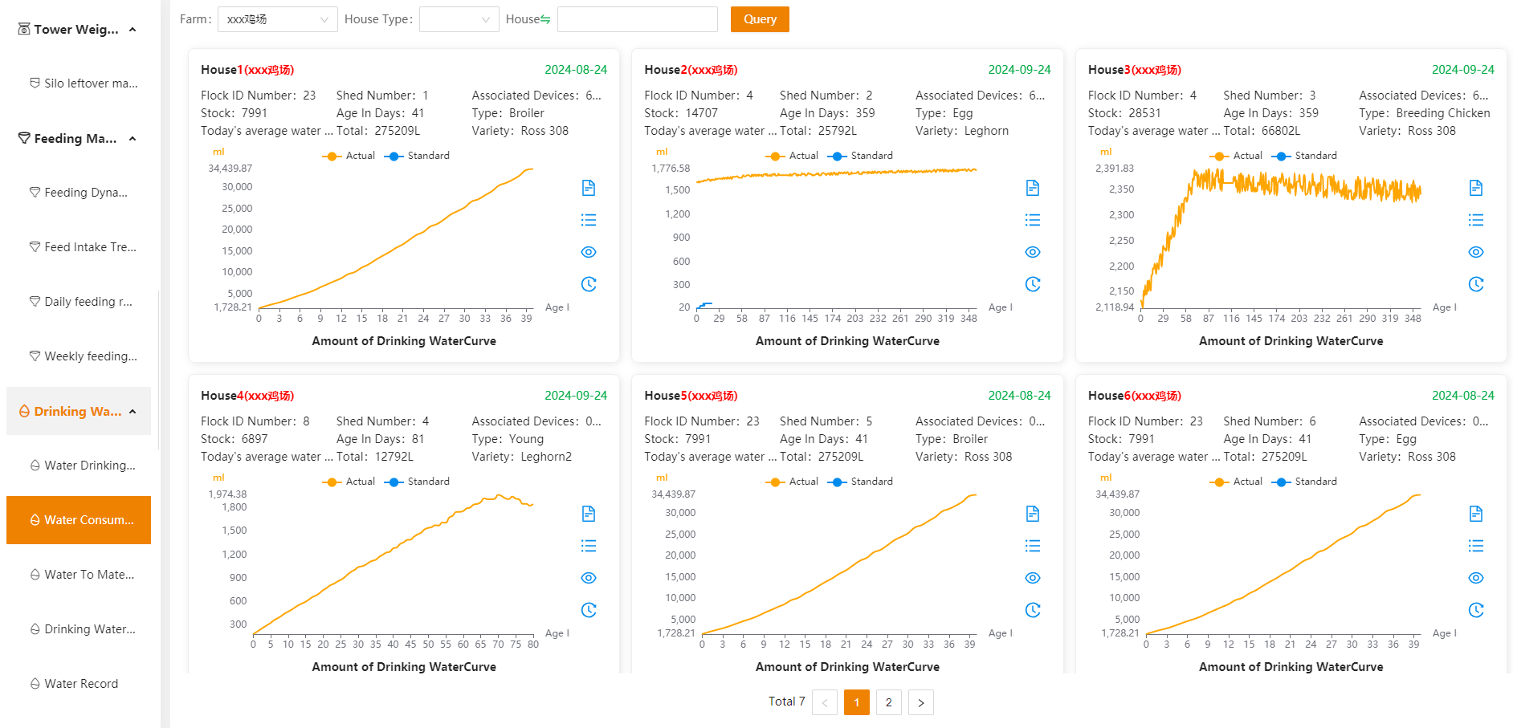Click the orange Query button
coord(760,19)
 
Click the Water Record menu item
coord(81,684)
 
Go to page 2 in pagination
coord(888,702)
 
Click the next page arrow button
coord(920,702)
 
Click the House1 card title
coord(247,70)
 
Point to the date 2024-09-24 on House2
coord(1019,70)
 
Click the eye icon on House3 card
coord(1475,252)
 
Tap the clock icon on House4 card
coord(589,610)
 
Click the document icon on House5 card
coord(1033,514)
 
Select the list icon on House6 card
coord(1475,546)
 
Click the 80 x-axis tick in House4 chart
coord(533,644)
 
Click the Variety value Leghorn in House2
coord(986,131)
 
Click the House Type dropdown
coord(459,19)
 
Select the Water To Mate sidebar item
coord(89,575)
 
